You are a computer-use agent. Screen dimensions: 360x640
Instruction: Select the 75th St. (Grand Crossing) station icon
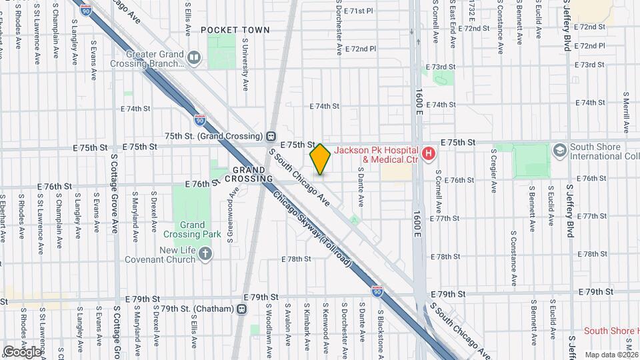[x=271, y=136]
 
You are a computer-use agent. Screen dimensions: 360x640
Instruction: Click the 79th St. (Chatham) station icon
[x=241, y=309]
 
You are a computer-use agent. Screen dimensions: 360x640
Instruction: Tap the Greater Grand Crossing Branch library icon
[x=193, y=59]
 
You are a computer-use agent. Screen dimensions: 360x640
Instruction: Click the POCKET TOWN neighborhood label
[x=235, y=30]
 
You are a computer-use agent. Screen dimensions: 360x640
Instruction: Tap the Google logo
[x=22, y=351]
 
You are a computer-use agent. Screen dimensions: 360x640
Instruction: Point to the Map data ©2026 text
[x=611, y=354]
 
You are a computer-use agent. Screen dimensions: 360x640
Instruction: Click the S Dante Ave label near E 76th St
[x=361, y=186]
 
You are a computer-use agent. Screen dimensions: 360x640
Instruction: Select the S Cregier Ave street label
[x=494, y=171]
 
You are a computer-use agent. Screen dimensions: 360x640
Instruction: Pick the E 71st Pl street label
[x=359, y=11]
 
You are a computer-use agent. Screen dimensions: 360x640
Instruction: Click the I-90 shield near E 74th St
[x=200, y=119]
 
